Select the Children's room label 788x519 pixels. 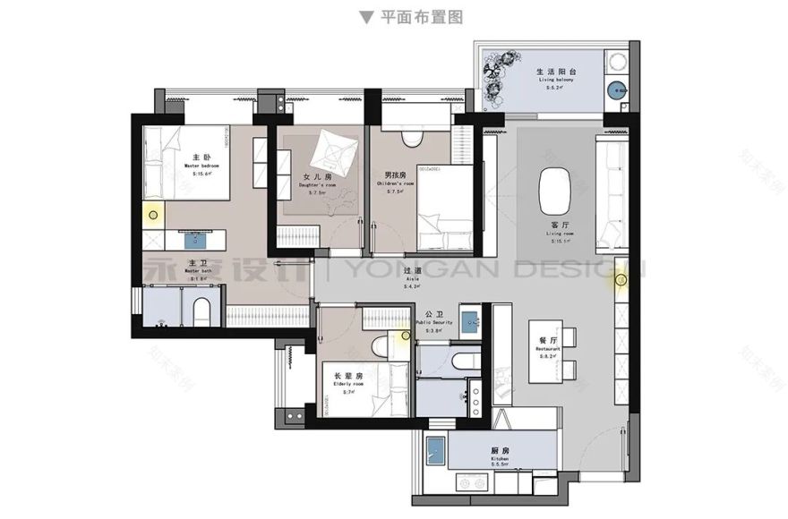(396, 180)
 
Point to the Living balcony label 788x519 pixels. (556, 77)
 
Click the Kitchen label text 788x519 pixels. (500, 455)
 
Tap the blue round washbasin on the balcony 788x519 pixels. (616, 88)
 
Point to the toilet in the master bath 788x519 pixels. (201, 309)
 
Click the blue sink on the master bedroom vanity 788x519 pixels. (195, 237)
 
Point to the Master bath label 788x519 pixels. (199, 269)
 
